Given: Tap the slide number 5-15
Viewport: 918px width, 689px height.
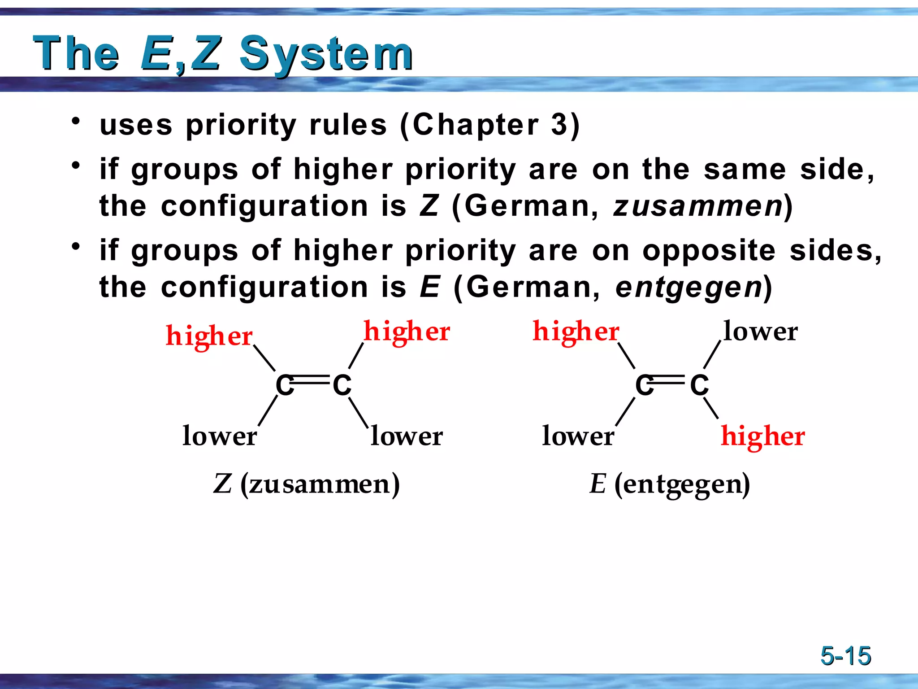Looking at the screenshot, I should click(x=845, y=656).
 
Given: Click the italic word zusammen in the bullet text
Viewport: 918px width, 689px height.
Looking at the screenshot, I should click(x=697, y=206).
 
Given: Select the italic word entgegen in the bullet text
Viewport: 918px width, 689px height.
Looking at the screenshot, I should click(x=688, y=287).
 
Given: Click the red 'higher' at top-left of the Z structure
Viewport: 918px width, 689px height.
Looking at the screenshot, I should click(x=209, y=336).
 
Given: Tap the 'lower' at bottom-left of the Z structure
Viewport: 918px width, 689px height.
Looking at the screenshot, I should click(x=220, y=436).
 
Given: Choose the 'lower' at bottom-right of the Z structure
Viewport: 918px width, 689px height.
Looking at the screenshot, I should click(x=407, y=436).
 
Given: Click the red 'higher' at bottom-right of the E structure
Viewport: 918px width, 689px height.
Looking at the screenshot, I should click(x=762, y=436).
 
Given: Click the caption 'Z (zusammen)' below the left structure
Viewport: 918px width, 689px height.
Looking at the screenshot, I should click(x=307, y=484).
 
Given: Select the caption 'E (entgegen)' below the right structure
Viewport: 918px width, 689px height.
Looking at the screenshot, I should click(x=669, y=484).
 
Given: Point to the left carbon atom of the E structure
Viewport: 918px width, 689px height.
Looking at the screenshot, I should click(x=644, y=385).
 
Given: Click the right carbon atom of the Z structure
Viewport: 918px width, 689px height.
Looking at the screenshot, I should click(x=342, y=385).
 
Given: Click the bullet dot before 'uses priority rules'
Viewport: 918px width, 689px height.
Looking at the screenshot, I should click(x=76, y=121).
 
